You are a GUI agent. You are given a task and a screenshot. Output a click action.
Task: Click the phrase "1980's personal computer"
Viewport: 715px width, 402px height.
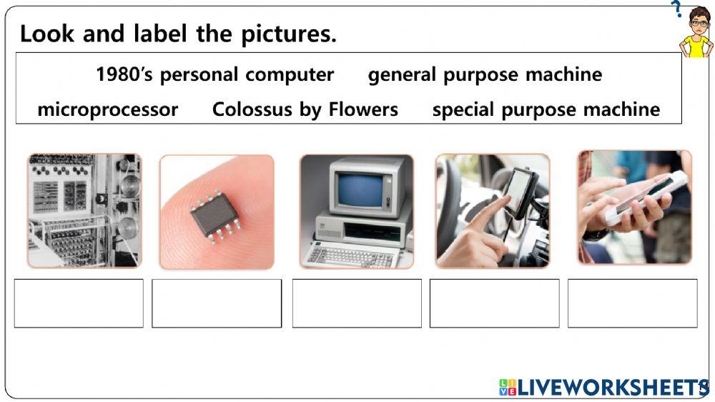tap(214, 74)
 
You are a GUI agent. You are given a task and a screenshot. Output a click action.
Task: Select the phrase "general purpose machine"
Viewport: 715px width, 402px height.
tap(485, 74)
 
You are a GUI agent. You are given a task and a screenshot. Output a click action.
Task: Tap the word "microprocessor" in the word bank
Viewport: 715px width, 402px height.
tap(107, 109)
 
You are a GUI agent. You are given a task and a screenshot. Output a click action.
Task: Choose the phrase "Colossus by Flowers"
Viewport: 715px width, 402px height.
tap(305, 109)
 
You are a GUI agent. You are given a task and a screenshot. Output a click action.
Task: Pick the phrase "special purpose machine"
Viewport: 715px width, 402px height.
tap(546, 109)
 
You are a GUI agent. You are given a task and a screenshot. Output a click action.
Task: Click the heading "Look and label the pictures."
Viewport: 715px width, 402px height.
tap(178, 34)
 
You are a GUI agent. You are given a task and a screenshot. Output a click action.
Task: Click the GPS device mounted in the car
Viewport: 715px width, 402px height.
tap(519, 192)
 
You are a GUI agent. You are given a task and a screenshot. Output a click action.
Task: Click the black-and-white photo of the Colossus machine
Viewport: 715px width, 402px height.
tap(84, 211)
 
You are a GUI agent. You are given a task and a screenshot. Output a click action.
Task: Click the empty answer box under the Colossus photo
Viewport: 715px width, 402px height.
tap(79, 303)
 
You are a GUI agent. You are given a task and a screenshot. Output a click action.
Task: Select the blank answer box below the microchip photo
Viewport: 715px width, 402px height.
tap(217, 303)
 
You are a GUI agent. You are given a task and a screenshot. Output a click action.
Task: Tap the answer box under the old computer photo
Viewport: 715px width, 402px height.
tap(357, 303)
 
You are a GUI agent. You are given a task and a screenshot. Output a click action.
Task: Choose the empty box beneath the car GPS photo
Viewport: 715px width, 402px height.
tap(494, 303)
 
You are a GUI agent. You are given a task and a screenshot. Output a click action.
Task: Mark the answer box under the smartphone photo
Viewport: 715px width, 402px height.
tap(632, 303)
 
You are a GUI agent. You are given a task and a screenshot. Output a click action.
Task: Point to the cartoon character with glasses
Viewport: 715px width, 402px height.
tap(696, 32)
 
